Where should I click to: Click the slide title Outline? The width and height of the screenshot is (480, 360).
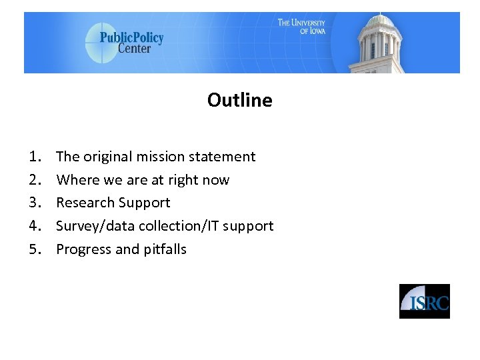point(239,100)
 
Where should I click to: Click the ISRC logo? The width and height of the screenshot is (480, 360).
point(425,301)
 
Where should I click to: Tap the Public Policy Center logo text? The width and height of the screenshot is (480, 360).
point(131,42)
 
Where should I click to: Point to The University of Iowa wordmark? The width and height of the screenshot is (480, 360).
point(301,27)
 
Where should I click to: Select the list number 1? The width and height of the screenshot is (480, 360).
point(35,157)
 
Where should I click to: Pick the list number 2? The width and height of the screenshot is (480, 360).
point(35,180)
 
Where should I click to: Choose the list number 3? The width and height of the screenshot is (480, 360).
point(35,203)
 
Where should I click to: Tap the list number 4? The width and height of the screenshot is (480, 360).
point(35,226)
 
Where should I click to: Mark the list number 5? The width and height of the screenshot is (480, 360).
point(35,249)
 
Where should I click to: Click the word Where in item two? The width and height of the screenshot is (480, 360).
point(76,180)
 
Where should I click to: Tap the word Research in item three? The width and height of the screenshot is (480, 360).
point(83,203)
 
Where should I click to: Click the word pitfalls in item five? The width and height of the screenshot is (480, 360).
point(165,249)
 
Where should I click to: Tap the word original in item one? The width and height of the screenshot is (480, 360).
point(107,157)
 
